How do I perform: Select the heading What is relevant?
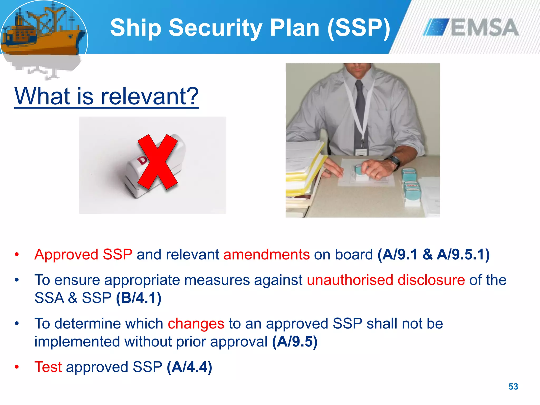point(107,96)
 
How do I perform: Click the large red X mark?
point(158,161)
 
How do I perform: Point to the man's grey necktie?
point(360,111)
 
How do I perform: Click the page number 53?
point(513,387)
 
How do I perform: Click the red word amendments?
point(266,255)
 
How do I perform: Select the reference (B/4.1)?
point(139,298)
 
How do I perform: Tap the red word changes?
point(196,324)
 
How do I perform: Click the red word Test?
point(48,367)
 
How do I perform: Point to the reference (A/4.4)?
point(189,367)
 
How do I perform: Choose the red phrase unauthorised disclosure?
point(386,280)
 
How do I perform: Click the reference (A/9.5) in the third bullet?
point(295,342)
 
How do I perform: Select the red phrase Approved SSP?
point(83,255)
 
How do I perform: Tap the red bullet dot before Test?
point(17,367)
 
